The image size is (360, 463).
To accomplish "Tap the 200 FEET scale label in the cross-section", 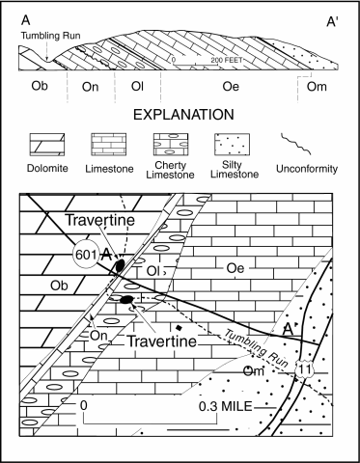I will click(x=218, y=61).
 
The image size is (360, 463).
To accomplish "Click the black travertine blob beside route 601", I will click(x=118, y=264).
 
